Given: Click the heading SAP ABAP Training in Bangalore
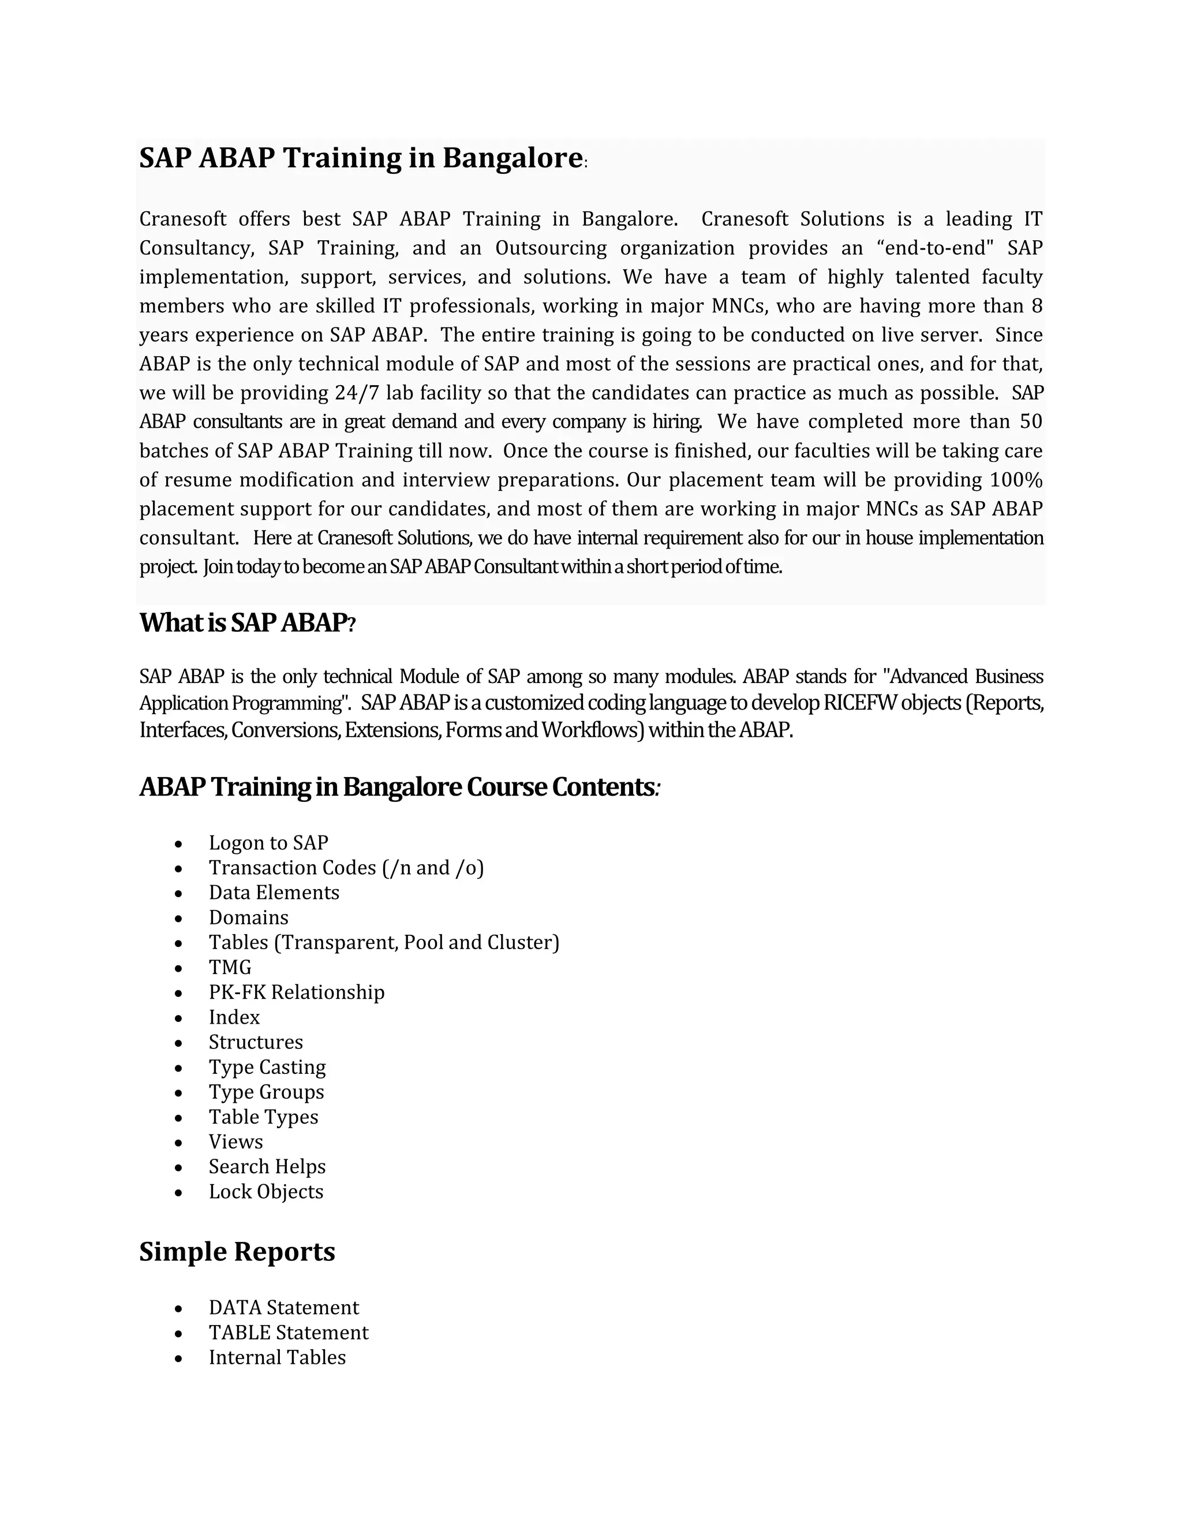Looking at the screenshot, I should click(361, 158).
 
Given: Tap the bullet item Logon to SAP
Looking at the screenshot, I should click(268, 843).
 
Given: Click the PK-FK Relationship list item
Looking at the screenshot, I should click(296, 992).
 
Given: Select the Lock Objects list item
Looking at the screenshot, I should click(265, 1192).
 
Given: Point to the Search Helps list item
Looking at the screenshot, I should click(267, 1166).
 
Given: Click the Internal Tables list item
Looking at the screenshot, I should click(276, 1357).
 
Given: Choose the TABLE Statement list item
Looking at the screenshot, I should click(288, 1333).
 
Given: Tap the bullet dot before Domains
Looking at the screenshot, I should click(179, 919).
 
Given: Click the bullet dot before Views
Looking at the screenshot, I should click(179, 1143).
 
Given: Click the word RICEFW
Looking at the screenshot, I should click(859, 703).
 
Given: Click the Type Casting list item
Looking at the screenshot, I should click(267, 1067).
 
